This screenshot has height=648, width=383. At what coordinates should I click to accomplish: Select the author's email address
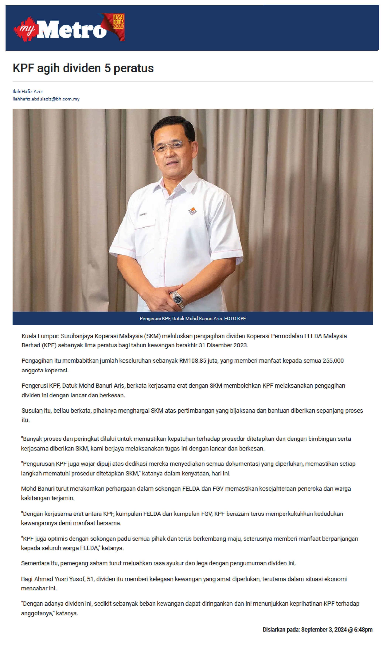[x=46, y=99]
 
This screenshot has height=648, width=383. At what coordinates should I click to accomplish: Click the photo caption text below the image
[x=193, y=318]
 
